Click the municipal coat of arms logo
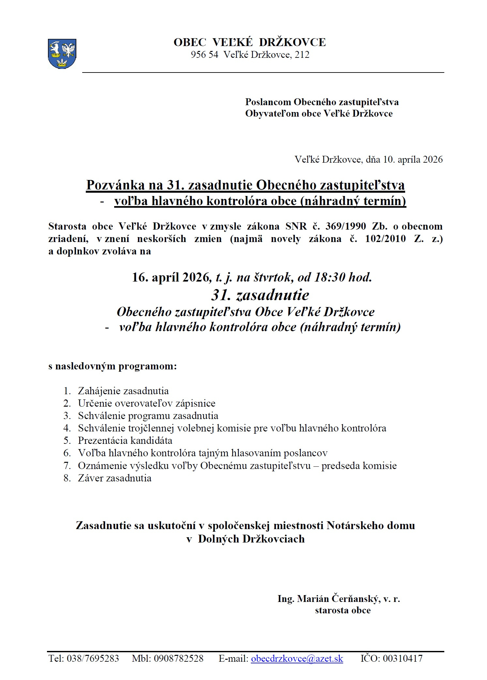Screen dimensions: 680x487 click(62, 54)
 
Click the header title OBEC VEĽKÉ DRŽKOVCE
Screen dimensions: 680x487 click(250, 42)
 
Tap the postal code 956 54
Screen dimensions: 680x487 click(204, 55)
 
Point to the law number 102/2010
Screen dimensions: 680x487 click(385, 239)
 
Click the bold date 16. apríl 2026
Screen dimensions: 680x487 click(170, 277)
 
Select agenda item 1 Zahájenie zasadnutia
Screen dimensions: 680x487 click(123, 391)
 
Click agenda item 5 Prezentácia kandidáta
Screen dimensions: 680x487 click(125, 441)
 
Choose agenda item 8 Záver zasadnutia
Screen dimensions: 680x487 click(114, 478)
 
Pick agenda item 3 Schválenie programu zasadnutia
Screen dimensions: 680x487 click(148, 416)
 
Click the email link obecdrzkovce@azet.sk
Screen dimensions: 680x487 click(297, 658)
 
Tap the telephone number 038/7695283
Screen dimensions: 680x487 click(93, 658)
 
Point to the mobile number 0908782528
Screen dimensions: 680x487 click(178, 658)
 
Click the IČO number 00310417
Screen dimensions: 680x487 click(403, 658)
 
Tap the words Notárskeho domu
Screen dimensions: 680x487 click(371, 525)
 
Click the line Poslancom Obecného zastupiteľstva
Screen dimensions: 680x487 click(322, 102)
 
